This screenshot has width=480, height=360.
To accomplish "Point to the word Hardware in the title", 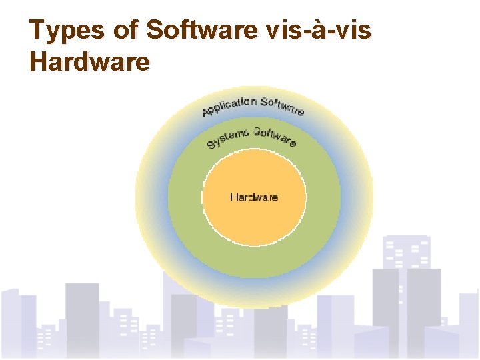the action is (x=90, y=62).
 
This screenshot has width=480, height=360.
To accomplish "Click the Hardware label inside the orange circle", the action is (x=254, y=197).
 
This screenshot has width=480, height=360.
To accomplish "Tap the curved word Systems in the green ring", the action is (x=227, y=137).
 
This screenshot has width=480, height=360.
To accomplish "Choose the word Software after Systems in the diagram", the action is (x=275, y=136).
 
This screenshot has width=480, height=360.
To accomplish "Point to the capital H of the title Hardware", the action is (x=40, y=62).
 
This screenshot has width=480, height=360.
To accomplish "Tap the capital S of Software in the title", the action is (x=155, y=31).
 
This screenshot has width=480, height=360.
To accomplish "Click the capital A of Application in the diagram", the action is (x=207, y=113).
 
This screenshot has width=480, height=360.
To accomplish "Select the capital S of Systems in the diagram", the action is (x=211, y=145).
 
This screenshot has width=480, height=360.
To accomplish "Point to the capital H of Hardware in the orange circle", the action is (x=233, y=197).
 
